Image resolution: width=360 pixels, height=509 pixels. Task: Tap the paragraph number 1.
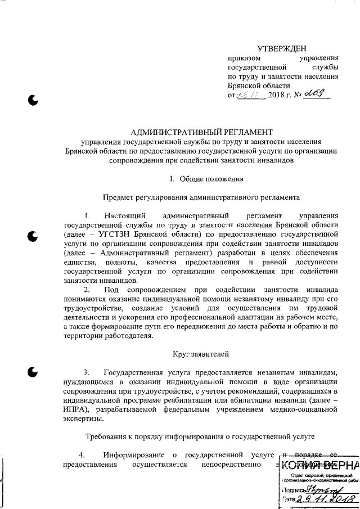click(x=87, y=215)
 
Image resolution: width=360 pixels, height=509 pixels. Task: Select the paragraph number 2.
click(x=87, y=289)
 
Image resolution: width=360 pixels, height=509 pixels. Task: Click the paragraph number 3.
click(x=87, y=372)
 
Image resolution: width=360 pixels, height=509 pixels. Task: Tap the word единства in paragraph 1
click(x=80, y=262)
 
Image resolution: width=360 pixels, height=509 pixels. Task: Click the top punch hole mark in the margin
click(x=34, y=101)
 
